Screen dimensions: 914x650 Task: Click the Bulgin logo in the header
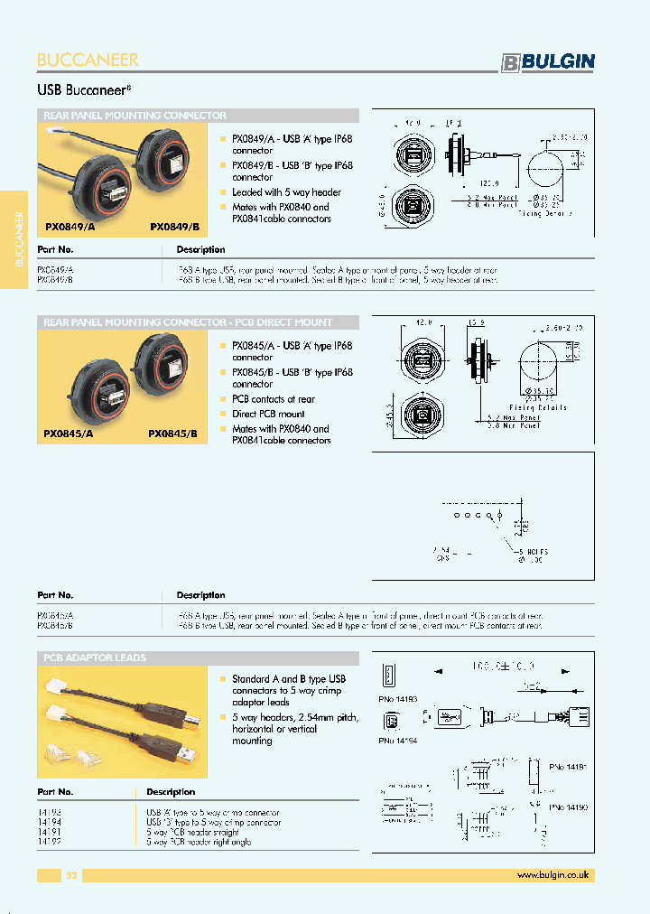pyautogui.click(x=548, y=61)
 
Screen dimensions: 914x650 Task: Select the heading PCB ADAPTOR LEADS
pyautogui.click(x=95, y=658)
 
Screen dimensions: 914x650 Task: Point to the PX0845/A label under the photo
pyautogui.click(x=68, y=434)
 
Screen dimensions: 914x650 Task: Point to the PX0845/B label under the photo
pyautogui.click(x=172, y=434)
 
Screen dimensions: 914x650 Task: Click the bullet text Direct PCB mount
pyautogui.click(x=268, y=414)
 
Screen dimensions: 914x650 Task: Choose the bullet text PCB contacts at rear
pyautogui.click(x=274, y=399)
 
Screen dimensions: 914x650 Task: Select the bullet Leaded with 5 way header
pyautogui.click(x=286, y=192)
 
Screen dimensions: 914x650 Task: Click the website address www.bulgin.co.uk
pyautogui.click(x=552, y=875)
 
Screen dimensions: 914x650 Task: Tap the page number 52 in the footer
pyautogui.click(x=72, y=875)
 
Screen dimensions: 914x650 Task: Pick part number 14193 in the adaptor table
pyautogui.click(x=50, y=813)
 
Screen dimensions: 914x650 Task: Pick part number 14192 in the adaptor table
pyautogui.click(x=50, y=842)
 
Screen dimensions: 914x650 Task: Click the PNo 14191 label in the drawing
pyautogui.click(x=568, y=766)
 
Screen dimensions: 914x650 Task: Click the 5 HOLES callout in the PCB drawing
pyautogui.click(x=532, y=551)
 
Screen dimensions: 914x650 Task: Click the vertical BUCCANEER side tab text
pyautogui.click(x=19, y=239)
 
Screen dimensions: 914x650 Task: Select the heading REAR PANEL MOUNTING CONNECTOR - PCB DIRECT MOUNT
pyautogui.click(x=188, y=322)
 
